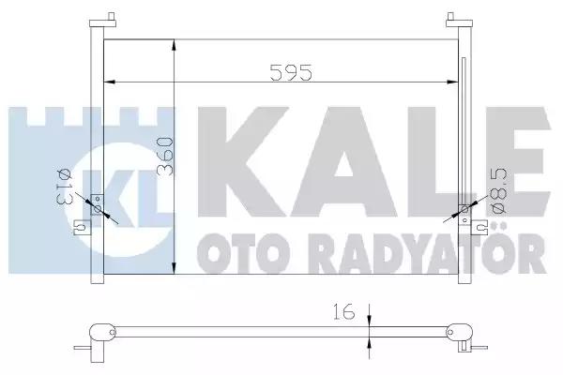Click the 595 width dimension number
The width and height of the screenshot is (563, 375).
click(x=291, y=72)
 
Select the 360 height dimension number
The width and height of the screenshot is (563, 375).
click(x=165, y=157)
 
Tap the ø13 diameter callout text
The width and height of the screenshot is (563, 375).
click(x=65, y=187)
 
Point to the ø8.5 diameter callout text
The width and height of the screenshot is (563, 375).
click(x=499, y=191)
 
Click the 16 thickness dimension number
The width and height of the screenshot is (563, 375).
click(x=343, y=311)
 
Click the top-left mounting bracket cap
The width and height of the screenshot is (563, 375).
click(x=102, y=21)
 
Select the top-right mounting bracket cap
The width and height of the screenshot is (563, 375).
click(x=459, y=21)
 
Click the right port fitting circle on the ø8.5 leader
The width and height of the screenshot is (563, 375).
click(x=464, y=210)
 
